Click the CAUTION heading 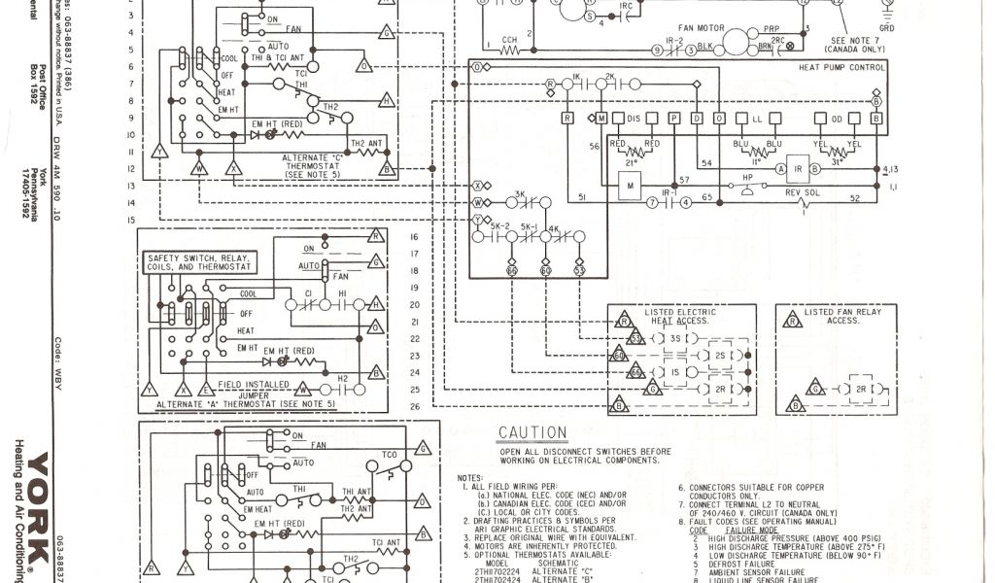pyautogui.click(x=532, y=432)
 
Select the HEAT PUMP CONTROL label pyautogui.click(x=841, y=67)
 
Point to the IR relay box pyautogui.click(x=798, y=168)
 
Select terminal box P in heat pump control pyautogui.click(x=673, y=119)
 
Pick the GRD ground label pyautogui.click(x=887, y=29)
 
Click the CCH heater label pyautogui.click(x=508, y=40)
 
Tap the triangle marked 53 pyautogui.click(x=635, y=339)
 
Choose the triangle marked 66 pyautogui.click(x=635, y=372)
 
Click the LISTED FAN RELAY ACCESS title pyautogui.click(x=843, y=315)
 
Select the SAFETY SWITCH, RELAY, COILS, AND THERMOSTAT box pyautogui.click(x=198, y=261)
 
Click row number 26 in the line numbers pyautogui.click(x=414, y=406)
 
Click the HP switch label pyautogui.click(x=748, y=178)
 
